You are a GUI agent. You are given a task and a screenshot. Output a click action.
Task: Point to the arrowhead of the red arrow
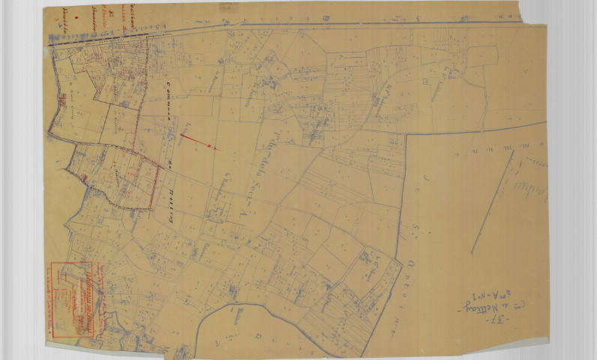214,148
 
